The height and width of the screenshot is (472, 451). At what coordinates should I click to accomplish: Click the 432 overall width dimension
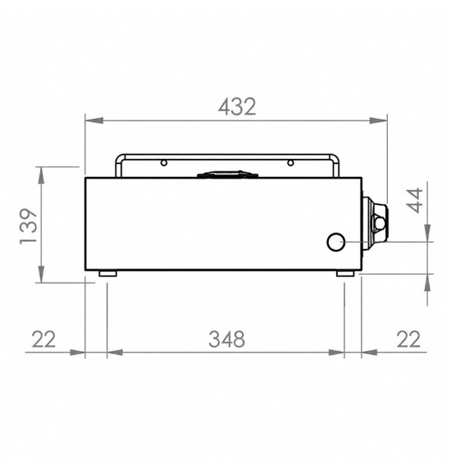coord(237,107)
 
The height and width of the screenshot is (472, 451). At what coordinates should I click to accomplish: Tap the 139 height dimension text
coord(29,226)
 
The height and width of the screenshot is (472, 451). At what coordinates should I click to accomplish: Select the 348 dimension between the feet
coord(226,339)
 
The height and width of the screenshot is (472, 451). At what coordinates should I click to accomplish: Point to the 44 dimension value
coord(415,201)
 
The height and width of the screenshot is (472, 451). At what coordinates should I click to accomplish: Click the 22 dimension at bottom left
coord(44,339)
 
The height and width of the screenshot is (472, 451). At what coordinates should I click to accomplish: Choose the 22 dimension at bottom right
coord(408,339)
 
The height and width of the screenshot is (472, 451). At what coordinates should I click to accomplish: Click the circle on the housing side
coord(336,242)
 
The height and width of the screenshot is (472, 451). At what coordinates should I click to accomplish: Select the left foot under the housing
coord(108,274)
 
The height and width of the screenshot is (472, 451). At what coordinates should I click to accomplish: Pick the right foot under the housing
coord(345,274)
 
